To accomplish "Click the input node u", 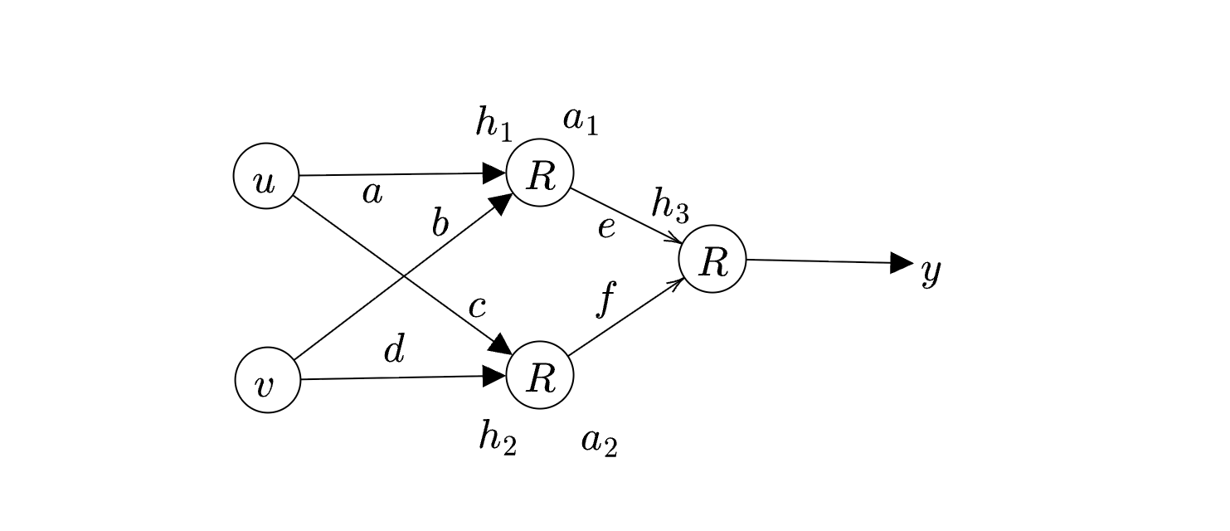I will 266,176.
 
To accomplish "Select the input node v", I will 267,380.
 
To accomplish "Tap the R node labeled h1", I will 540,173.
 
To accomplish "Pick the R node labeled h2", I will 540,375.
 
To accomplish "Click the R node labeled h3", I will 712,259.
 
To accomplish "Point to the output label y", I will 931,270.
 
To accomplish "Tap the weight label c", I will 476,307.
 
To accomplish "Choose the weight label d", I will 395,350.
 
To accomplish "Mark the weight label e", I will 606,227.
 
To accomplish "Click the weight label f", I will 605,298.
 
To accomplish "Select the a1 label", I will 581,121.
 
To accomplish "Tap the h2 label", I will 498,437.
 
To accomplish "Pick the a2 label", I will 599,441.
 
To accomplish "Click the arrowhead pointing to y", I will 902,263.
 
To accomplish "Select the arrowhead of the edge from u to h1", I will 494,173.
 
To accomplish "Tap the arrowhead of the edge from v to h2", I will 494,376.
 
